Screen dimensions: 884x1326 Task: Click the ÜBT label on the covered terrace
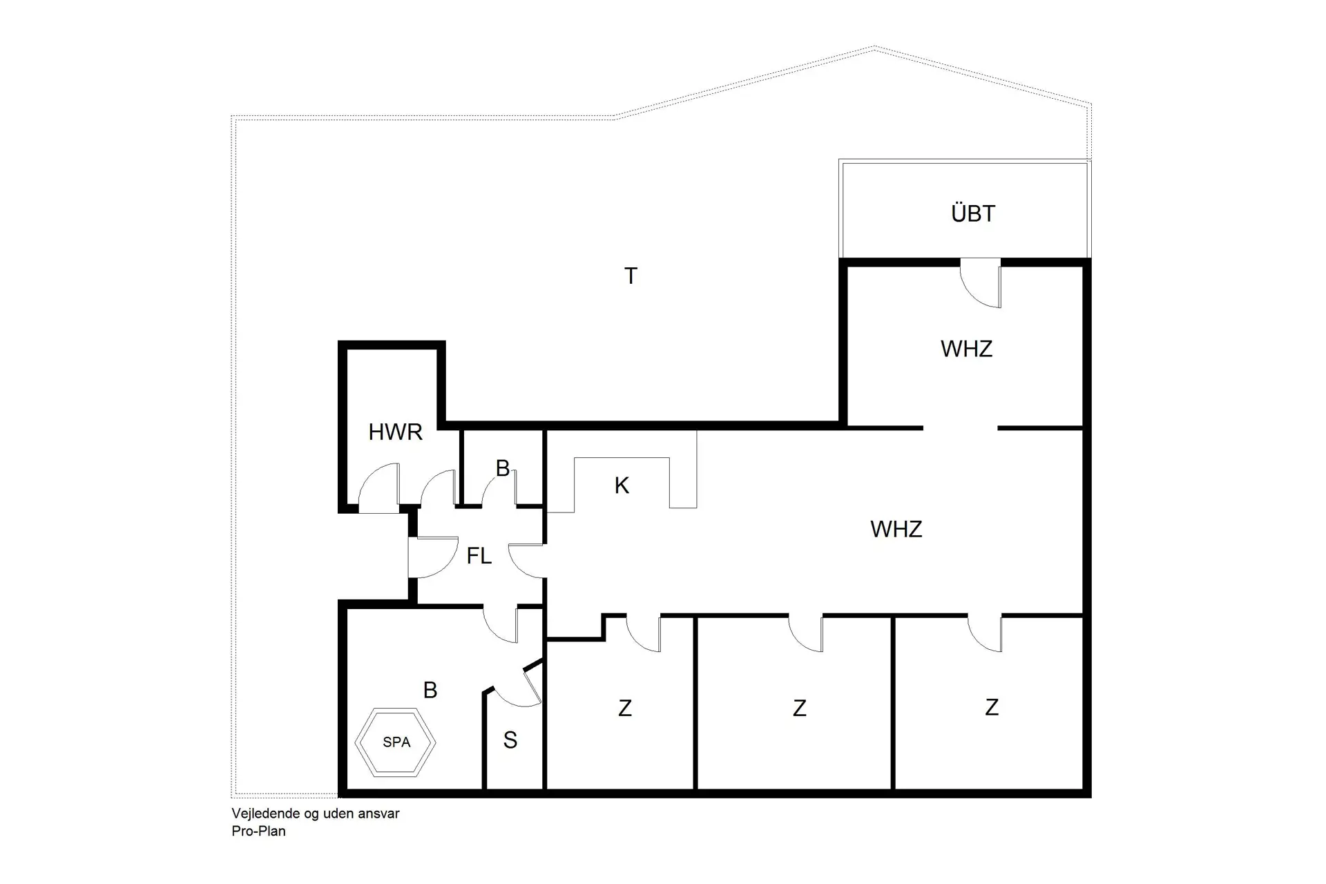pyautogui.click(x=972, y=214)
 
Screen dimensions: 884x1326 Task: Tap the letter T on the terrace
pyautogui.click(x=630, y=276)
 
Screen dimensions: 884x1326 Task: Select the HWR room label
pyautogui.click(x=395, y=432)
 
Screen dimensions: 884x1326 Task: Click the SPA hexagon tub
pyautogui.click(x=396, y=742)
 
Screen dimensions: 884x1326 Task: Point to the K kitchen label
pyautogui.click(x=622, y=486)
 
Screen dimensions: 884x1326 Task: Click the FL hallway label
pyautogui.click(x=479, y=556)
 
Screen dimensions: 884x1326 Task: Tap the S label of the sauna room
pyautogui.click(x=510, y=740)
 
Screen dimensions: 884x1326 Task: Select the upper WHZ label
pyautogui.click(x=966, y=349)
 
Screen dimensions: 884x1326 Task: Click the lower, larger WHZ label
pyautogui.click(x=896, y=530)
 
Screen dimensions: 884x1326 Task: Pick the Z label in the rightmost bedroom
pyautogui.click(x=992, y=707)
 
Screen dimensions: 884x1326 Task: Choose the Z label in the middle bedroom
pyautogui.click(x=800, y=709)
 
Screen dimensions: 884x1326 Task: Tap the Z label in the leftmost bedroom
pyautogui.click(x=625, y=709)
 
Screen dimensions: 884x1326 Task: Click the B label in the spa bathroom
pyautogui.click(x=430, y=690)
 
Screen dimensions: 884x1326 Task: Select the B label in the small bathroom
pyautogui.click(x=503, y=468)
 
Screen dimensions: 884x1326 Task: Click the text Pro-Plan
pyautogui.click(x=258, y=832)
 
